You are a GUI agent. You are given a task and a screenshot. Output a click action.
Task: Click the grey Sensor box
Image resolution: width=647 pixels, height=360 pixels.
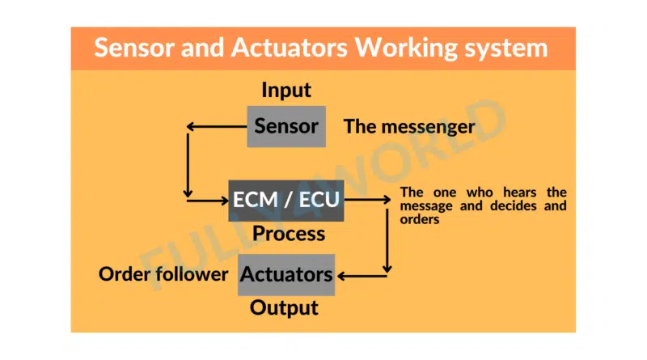286,126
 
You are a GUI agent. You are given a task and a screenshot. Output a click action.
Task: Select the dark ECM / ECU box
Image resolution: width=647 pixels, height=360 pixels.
286,201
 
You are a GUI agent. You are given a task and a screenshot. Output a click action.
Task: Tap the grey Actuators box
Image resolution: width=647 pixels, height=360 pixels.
286,274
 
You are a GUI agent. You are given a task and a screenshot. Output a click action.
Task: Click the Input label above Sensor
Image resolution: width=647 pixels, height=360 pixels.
286,90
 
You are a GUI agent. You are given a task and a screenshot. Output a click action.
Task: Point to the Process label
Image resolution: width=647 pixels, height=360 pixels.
289,234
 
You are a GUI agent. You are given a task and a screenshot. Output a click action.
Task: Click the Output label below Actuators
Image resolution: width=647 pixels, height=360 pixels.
284,308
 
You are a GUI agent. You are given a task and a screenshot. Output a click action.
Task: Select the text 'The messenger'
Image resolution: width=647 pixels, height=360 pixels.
409,127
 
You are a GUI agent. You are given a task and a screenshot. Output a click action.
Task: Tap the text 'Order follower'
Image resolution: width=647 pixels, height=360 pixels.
163,274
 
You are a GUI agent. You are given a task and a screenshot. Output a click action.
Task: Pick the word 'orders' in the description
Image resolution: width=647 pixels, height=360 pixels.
420,219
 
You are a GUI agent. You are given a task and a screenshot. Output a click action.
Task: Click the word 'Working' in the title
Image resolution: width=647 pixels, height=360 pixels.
407,49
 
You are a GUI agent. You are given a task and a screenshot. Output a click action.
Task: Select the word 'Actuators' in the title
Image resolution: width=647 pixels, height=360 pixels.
289,48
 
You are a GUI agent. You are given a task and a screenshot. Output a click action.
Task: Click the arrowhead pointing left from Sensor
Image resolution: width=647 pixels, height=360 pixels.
190,127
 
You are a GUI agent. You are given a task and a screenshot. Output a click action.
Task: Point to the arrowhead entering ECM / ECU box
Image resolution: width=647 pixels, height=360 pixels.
225,201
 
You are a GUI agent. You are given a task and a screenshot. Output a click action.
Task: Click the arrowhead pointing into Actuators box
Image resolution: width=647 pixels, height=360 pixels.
341,276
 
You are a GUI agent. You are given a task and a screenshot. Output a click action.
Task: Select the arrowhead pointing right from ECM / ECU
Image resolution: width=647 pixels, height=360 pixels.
387,200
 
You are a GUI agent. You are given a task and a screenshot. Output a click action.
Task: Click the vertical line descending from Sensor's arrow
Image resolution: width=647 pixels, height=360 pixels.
188,165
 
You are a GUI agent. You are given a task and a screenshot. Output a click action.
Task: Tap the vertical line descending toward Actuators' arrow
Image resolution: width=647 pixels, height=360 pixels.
387,241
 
